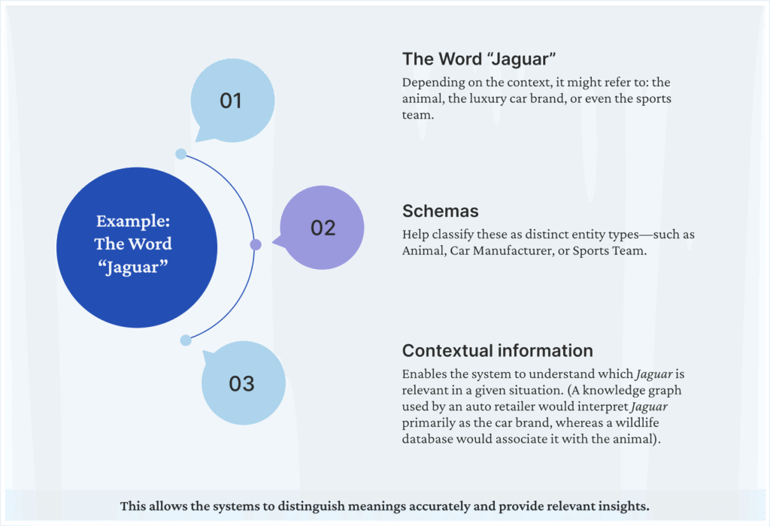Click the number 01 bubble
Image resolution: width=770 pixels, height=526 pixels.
coord(231,101)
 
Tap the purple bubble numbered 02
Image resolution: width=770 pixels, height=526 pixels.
coord(322,228)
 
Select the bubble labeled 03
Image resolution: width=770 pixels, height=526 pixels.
coord(243,384)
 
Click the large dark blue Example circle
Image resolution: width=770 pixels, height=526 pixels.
coord(133,245)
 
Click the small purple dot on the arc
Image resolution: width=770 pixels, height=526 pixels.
coord(256,244)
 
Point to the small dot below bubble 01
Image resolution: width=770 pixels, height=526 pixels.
coord(180,154)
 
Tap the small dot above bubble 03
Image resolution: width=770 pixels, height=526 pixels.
coord(186,340)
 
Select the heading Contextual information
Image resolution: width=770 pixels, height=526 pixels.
coord(498,350)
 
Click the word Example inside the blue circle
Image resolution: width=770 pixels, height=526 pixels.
coord(133,221)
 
